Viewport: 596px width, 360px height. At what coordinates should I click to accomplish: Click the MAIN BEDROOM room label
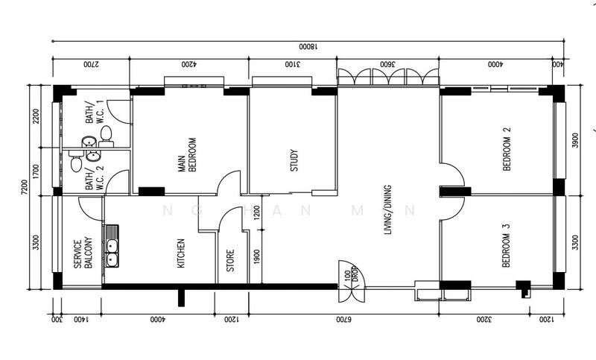[186, 155]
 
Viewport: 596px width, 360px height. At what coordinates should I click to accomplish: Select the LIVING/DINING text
[387, 209]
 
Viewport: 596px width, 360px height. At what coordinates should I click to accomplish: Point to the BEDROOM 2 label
[507, 150]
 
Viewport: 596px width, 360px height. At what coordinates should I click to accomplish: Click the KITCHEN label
[180, 253]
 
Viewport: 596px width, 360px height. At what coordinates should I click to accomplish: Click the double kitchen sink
[112, 246]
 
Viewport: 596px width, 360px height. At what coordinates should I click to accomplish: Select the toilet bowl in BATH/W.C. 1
[105, 134]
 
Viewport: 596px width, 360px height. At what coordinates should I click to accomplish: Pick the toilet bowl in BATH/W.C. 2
[76, 162]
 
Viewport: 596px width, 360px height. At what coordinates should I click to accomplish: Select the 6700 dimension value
[343, 320]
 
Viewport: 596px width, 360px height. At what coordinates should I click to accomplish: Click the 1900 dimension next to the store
[256, 256]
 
